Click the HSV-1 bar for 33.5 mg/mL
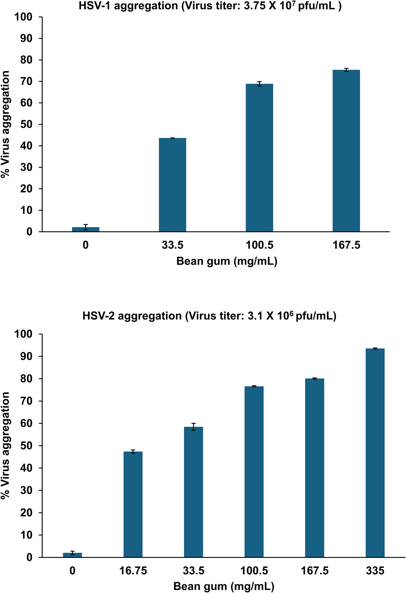click(x=172, y=185)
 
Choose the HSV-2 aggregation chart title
click(x=209, y=316)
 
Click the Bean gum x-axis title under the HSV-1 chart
click(x=227, y=261)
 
